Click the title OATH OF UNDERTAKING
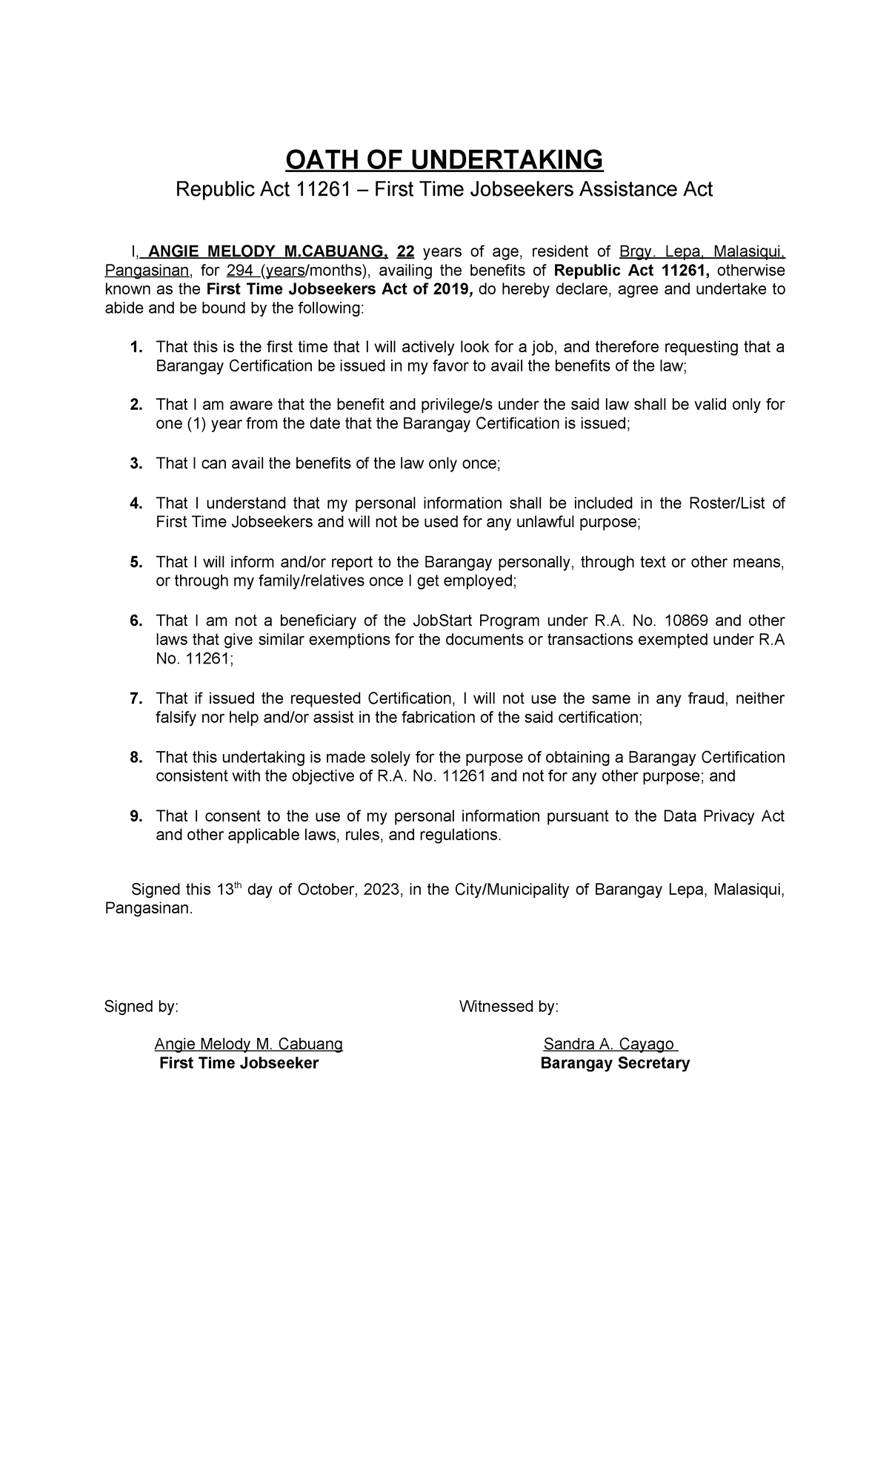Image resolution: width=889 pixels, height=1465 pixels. point(444,159)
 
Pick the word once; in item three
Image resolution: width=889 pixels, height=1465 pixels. point(481,463)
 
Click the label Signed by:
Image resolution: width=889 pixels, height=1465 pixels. point(141,1006)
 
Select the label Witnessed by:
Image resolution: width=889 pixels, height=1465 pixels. point(508,1006)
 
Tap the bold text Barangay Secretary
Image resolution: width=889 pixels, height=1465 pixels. point(614,1064)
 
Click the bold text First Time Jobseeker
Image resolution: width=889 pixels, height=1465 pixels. point(239,1064)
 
